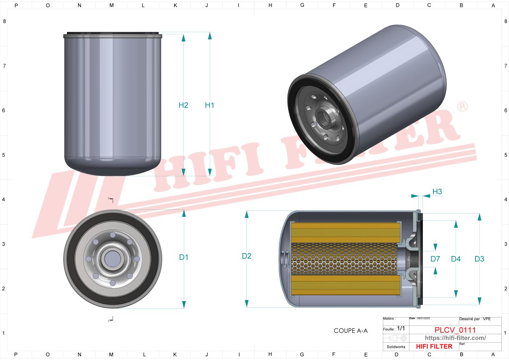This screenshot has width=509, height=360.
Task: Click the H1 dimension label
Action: pos(209,105)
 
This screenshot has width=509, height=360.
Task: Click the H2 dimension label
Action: pos(183,105)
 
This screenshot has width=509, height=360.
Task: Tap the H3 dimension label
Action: pos(437,192)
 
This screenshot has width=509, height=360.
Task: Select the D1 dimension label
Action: pos(184,257)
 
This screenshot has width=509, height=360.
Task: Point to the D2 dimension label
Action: pos(247,256)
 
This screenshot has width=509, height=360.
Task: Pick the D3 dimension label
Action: pos(479,259)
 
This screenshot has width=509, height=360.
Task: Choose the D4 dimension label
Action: pos(456,259)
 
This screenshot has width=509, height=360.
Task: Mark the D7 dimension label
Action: pos(435,259)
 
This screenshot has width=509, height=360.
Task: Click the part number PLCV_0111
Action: pos(455,330)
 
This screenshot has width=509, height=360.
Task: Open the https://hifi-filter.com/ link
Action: pos(455,338)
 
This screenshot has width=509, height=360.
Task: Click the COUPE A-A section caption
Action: pos(350,331)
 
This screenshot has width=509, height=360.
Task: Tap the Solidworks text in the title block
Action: pos(396,347)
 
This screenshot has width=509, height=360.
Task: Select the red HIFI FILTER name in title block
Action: pos(434,347)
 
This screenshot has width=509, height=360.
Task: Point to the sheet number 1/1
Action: pos(401,328)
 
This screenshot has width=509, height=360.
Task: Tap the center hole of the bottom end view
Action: pos(112,259)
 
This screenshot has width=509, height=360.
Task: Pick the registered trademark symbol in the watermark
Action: pos(462,107)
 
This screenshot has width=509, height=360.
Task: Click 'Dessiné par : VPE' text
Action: pos(475,319)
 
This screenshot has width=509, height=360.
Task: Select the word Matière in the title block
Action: pos(389,319)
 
